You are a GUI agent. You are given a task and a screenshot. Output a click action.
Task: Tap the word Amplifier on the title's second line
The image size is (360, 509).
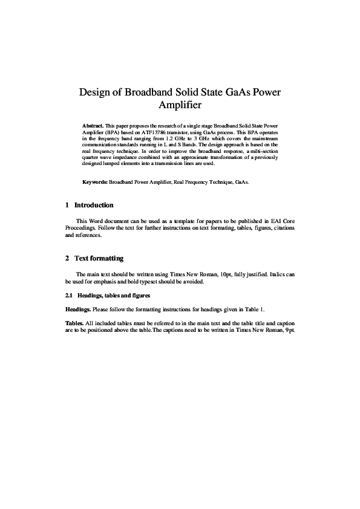[180, 106]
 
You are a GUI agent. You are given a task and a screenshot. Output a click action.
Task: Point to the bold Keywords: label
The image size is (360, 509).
[95, 181]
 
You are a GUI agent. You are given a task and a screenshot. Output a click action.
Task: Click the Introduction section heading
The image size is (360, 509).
[94, 206]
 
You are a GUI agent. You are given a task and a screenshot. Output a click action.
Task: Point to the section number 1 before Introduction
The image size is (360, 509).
[67, 206]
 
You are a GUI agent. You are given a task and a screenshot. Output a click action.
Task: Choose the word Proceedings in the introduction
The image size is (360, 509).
[80, 229]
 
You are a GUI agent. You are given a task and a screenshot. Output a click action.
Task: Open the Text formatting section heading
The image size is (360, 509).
[99, 259]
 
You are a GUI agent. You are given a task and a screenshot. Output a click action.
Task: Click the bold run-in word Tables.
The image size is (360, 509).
[75, 323]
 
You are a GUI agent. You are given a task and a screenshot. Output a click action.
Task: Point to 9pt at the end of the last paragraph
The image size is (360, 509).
[289, 331]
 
